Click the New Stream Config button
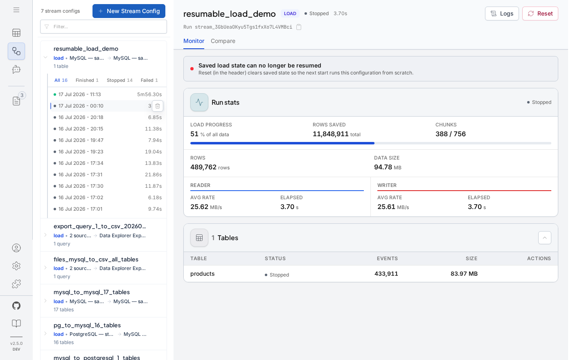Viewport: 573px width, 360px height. click(x=129, y=11)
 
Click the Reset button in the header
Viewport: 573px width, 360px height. click(x=540, y=13)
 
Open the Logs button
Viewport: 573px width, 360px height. click(x=502, y=13)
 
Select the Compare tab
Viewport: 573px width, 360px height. click(x=223, y=41)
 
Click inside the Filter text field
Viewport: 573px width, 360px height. click(x=103, y=27)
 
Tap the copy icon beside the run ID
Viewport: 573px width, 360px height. click(x=298, y=27)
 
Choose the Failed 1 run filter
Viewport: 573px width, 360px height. click(x=149, y=80)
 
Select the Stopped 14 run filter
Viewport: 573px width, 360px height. click(x=120, y=80)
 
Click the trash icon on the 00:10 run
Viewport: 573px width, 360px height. click(x=158, y=106)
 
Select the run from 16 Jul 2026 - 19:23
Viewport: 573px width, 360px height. click(x=81, y=152)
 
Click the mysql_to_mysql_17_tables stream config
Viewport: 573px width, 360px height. click(x=92, y=292)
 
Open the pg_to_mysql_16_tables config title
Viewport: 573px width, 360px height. click(x=87, y=325)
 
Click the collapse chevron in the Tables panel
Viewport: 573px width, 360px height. click(x=545, y=238)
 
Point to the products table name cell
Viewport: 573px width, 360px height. click(x=202, y=274)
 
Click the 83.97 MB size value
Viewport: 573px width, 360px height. click(x=464, y=274)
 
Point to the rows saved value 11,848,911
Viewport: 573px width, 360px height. click(x=331, y=134)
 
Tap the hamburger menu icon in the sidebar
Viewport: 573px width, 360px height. click(x=16, y=10)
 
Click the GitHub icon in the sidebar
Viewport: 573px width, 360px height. click(x=16, y=306)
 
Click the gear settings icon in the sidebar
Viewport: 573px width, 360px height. click(x=16, y=266)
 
